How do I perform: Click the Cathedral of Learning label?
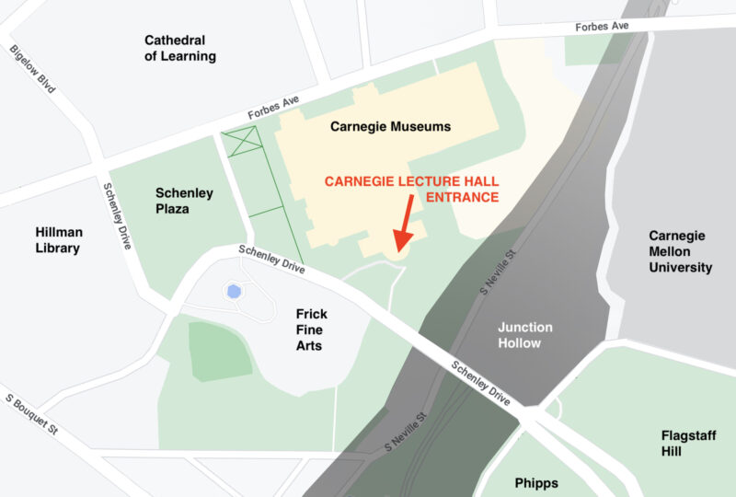180,48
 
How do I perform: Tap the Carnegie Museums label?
391,126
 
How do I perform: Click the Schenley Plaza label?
184,201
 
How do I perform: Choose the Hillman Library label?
57,240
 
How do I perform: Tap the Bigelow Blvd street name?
33,70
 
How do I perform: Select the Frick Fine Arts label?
311,329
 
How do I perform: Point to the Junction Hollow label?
525,335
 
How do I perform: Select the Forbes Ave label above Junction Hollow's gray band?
603,26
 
